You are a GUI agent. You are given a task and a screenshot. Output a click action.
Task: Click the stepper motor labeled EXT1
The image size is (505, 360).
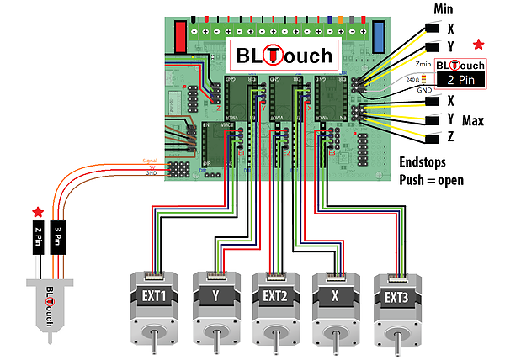(155, 307)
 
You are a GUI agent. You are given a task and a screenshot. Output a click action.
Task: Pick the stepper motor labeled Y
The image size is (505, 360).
(216, 307)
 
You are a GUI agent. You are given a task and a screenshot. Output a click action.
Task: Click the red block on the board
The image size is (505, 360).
(180, 36)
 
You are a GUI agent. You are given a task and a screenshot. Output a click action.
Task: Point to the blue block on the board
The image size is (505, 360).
(379, 37)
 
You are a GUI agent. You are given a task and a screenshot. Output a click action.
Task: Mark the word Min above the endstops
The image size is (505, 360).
(444, 9)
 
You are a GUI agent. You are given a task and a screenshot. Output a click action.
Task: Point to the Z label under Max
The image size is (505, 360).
(451, 137)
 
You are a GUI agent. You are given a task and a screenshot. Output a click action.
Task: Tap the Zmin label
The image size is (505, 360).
(423, 63)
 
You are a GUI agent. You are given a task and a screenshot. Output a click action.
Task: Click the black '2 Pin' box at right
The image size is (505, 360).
(460, 80)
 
